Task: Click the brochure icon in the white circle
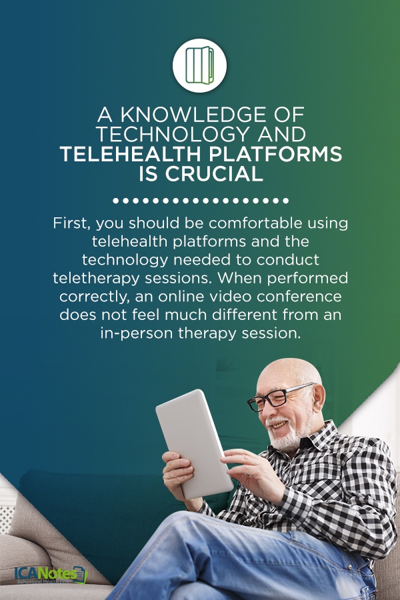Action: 199,65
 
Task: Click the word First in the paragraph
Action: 70,223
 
